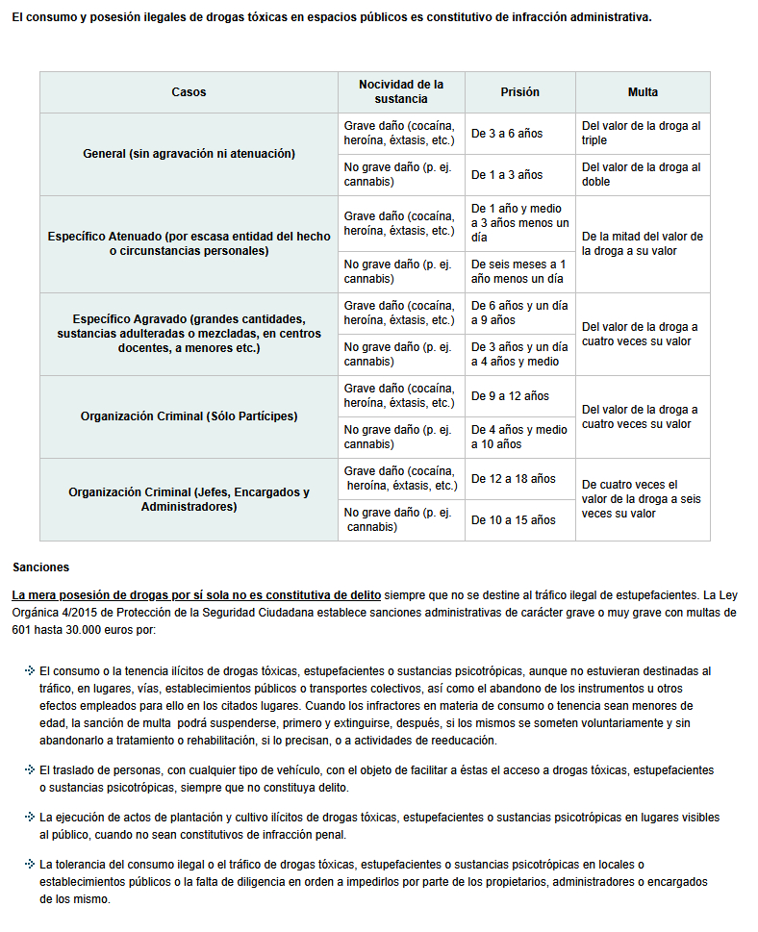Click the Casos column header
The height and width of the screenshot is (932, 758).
point(189,92)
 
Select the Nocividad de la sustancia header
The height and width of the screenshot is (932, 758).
point(401,91)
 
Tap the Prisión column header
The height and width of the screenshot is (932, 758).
point(519,92)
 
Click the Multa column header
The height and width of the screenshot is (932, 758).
point(643,92)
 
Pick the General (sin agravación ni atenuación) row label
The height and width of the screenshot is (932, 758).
point(189,154)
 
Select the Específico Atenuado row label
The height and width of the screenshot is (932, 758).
point(189,243)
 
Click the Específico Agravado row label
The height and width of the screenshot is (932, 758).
point(189,333)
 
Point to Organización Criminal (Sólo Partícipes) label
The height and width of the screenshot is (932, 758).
point(189,416)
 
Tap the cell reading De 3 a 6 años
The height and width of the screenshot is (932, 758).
point(507,134)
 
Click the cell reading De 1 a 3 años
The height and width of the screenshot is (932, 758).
point(507,175)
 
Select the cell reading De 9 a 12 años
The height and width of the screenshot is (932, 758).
point(510,396)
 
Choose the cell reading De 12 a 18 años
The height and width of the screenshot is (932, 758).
point(514,479)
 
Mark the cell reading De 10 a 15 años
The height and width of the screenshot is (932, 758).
point(514,520)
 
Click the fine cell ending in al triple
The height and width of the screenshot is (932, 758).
point(642,133)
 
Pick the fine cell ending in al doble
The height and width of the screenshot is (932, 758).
point(642,174)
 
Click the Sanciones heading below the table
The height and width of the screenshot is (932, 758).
point(40,567)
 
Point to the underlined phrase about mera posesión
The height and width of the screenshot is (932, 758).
point(196,594)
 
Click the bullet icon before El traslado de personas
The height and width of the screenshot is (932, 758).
point(30,770)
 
